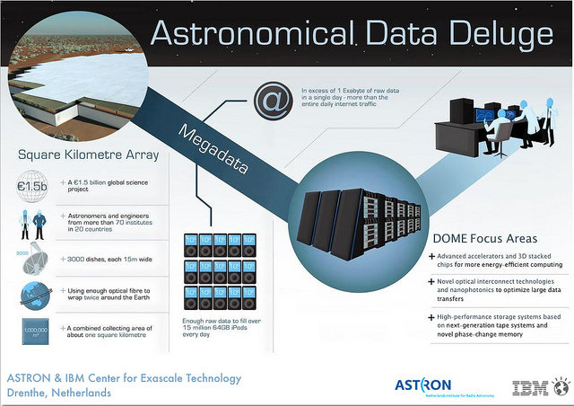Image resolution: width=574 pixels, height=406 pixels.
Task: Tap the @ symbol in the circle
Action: [268, 101]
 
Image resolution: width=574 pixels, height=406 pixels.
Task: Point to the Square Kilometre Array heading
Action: [89, 154]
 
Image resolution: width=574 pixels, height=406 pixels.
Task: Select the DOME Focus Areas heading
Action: [485, 239]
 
